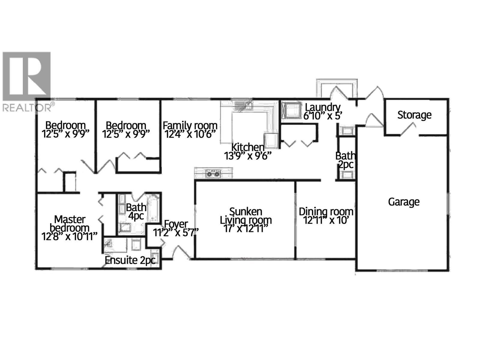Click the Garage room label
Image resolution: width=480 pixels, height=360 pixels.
click(403, 202)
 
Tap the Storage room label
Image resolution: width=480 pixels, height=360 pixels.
click(414, 115)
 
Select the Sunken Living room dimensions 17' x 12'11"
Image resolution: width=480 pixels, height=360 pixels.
click(246, 228)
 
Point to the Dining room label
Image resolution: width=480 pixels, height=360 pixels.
click(326, 212)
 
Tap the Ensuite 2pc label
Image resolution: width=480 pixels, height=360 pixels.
click(130, 260)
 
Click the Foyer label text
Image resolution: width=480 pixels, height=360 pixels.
click(176, 224)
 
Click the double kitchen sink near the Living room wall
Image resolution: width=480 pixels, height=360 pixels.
click(213, 173)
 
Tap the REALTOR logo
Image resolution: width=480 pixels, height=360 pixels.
click(27, 81)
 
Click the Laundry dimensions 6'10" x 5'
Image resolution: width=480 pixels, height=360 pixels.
click(322, 116)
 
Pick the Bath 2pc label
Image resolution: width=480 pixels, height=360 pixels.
click(346, 160)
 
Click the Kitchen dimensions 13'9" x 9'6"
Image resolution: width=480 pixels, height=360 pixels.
click(248, 156)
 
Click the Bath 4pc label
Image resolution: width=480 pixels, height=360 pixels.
click(136, 211)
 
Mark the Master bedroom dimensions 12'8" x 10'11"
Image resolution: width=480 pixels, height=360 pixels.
click(70, 237)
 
